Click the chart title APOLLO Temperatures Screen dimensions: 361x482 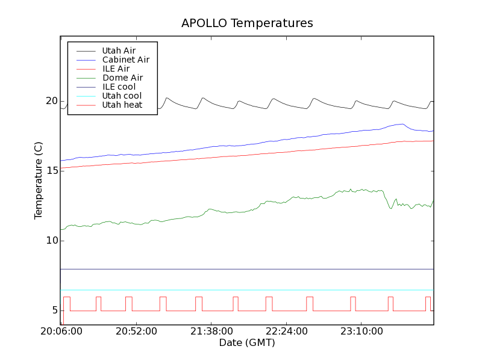(247, 23)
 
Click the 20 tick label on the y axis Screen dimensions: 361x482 (51, 101)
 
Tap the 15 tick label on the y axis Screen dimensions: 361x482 (51, 171)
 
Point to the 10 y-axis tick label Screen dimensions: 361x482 (51, 241)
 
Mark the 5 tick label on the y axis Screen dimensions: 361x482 (54, 310)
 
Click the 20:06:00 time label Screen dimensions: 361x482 (61, 332)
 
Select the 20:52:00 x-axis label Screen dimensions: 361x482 (136, 332)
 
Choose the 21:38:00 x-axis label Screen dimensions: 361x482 (211, 332)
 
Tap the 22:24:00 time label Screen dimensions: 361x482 (286, 332)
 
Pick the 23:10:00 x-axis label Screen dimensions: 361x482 (360, 332)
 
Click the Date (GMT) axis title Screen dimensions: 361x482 (247, 343)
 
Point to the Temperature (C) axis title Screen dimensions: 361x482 (38, 180)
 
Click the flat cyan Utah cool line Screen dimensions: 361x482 (241, 290)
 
